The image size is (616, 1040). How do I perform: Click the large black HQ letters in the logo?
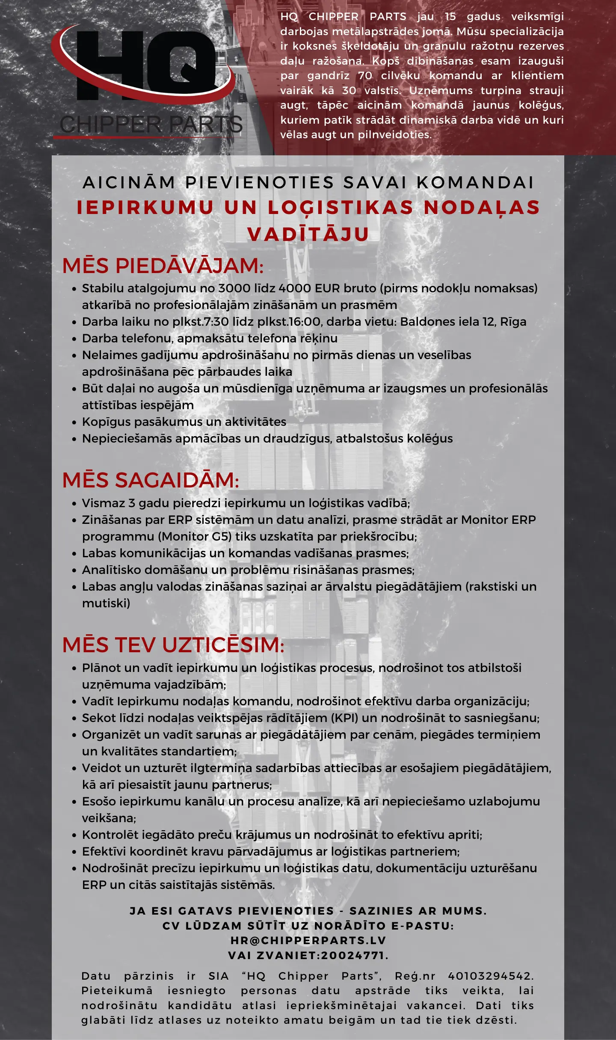145,64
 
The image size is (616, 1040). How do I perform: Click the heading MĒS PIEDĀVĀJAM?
163,266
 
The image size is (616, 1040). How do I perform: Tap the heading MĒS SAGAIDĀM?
151,480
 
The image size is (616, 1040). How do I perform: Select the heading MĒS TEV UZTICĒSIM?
173,645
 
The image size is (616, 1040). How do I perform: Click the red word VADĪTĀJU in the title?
308,234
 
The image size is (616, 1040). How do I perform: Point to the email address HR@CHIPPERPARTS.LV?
308,940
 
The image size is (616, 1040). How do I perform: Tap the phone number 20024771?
352,955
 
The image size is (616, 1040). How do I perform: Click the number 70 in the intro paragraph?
365,76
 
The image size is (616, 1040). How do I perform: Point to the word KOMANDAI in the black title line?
475,183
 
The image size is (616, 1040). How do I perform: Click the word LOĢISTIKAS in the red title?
341,208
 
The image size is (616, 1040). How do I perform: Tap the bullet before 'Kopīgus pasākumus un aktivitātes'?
74,422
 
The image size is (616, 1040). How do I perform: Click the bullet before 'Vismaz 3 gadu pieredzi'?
74,504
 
